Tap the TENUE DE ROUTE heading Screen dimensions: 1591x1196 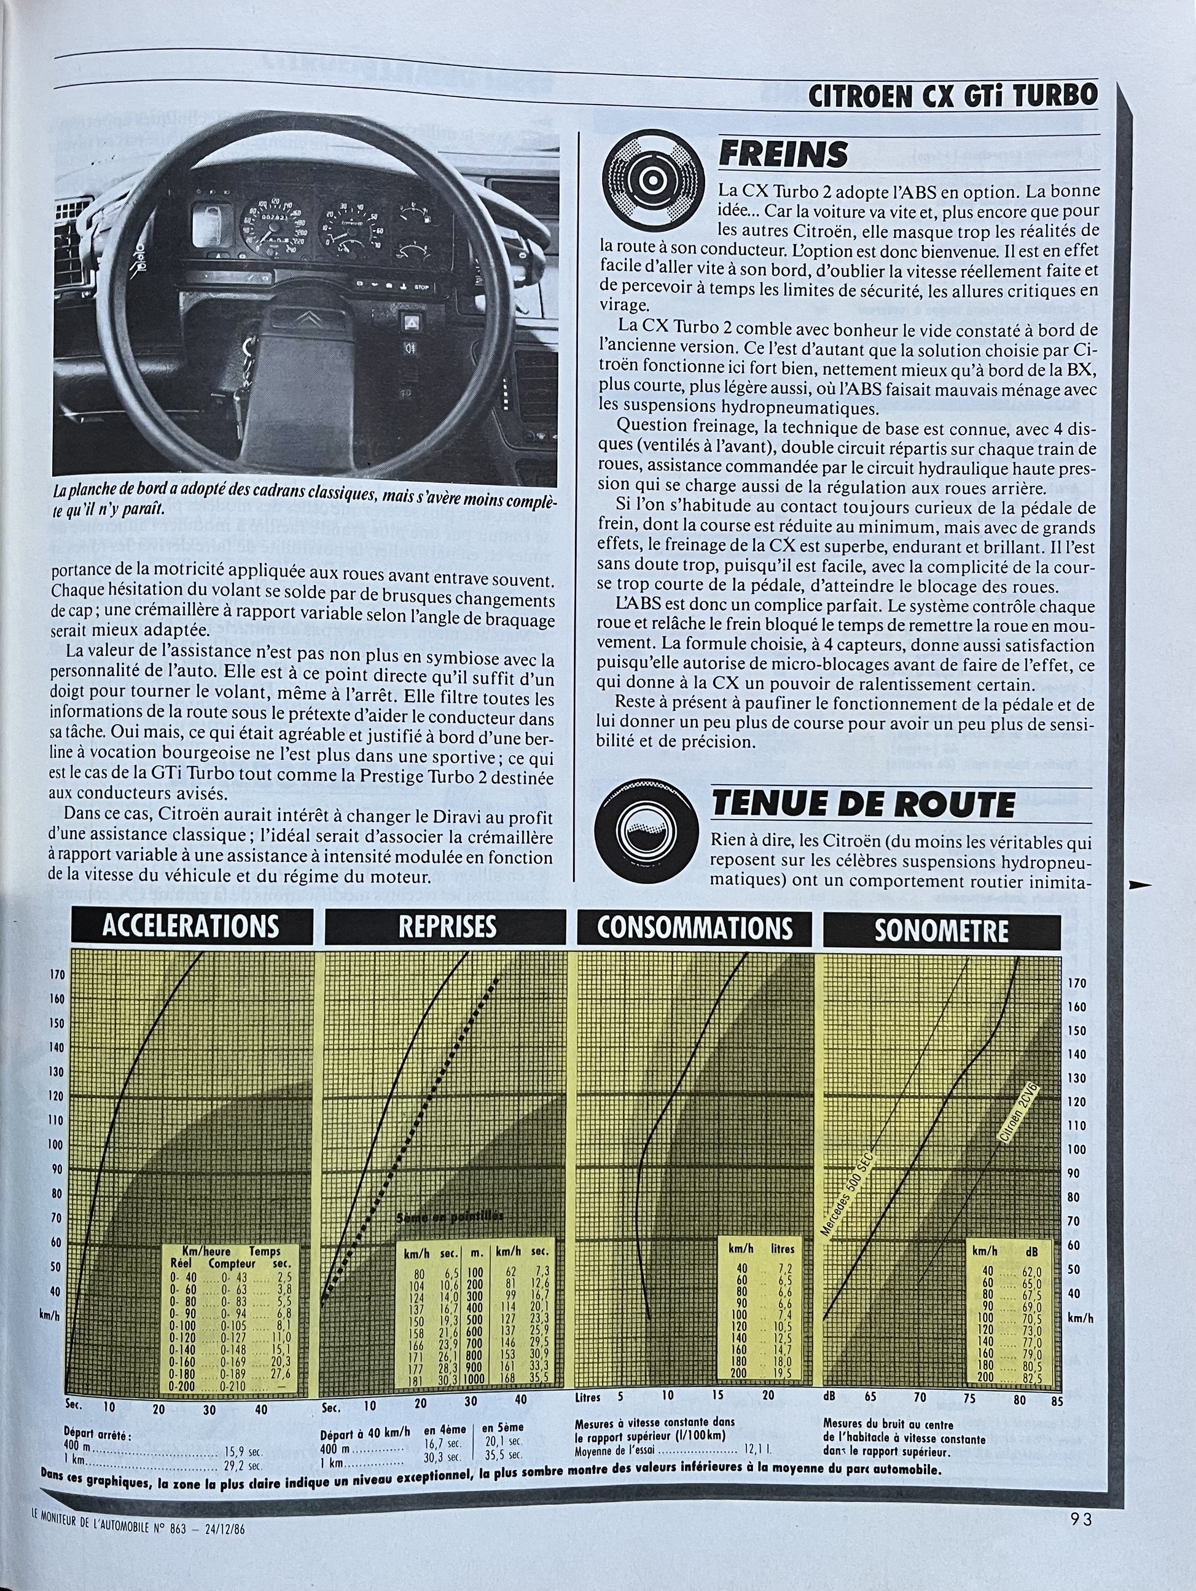862,804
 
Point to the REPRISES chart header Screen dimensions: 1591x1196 447,927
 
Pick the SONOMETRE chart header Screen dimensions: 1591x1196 942,931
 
